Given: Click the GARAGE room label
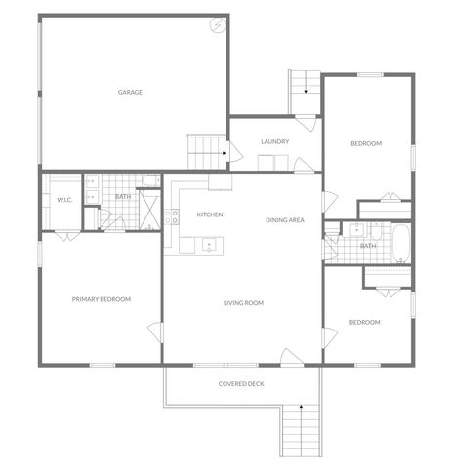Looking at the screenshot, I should pos(131,93).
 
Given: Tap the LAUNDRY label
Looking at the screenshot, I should pos(274,142).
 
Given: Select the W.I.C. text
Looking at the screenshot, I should pos(65,200).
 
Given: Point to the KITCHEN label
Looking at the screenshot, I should pos(211,214).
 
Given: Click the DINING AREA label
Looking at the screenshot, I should pos(285,220).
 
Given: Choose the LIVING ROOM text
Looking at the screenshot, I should pos(243,303).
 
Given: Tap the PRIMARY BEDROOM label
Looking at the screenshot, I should pos(102,299).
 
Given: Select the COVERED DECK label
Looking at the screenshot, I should pos(240,384).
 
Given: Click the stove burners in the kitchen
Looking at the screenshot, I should pos(171,216).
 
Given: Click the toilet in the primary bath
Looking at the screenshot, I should pos(149,180).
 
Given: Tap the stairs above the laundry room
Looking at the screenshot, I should pos(305,92).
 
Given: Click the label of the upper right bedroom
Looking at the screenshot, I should pos(366,144).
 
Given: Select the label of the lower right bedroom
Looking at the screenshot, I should pos(365,322).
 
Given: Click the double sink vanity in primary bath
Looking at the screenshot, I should pos(90,189).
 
